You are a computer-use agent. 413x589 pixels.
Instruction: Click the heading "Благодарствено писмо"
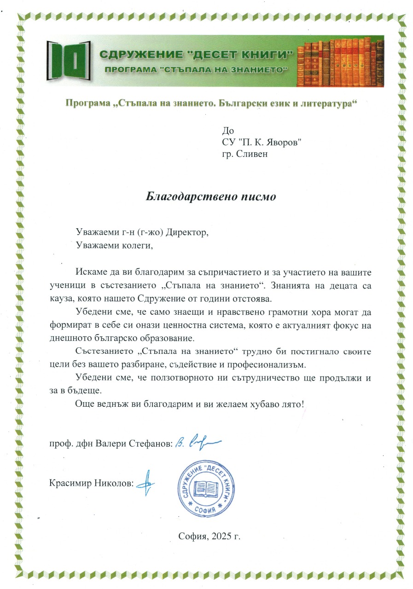click(x=210, y=196)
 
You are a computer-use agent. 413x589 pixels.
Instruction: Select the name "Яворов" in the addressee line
click(x=287, y=142)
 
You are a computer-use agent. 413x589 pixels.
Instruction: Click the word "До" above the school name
click(x=227, y=131)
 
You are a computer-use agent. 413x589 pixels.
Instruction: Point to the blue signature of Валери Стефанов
click(x=199, y=443)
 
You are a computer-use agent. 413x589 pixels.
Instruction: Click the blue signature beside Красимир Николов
click(x=146, y=482)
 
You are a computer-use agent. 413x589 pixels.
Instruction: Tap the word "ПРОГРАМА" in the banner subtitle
click(x=130, y=69)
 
